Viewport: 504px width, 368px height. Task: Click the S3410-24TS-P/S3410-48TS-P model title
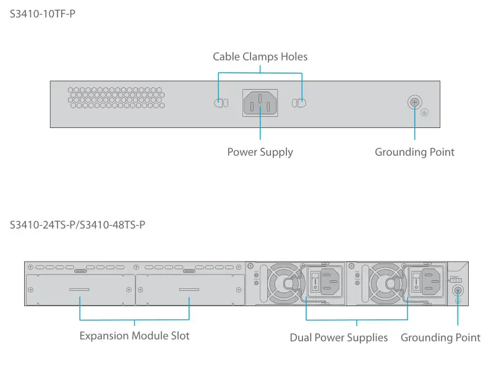pyautogui.click(x=77, y=225)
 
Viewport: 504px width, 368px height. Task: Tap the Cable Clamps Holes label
pyautogui.click(x=260, y=57)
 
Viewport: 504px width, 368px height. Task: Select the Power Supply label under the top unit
pyautogui.click(x=260, y=152)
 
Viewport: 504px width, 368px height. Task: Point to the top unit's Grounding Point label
pyautogui.click(x=414, y=152)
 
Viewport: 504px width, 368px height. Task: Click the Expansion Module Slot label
pyautogui.click(x=134, y=336)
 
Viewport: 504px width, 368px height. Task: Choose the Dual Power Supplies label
pyautogui.click(x=338, y=338)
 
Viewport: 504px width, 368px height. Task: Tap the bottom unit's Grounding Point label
pyautogui.click(x=440, y=338)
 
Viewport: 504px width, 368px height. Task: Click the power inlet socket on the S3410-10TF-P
pyautogui.click(x=260, y=103)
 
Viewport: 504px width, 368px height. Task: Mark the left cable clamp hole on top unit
pyautogui.click(x=221, y=103)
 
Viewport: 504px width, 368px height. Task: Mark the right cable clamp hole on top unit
pyautogui.click(x=300, y=103)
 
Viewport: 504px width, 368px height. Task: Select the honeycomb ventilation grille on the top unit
pyautogui.click(x=116, y=98)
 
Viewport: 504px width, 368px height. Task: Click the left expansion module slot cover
pyautogui.click(x=80, y=289)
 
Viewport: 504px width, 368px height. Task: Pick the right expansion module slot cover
pyautogui.click(x=189, y=289)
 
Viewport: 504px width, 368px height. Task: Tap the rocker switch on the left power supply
pyautogui.click(x=315, y=283)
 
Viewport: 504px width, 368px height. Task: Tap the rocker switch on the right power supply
pyautogui.click(x=417, y=283)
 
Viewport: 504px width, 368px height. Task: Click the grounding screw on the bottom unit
pyautogui.click(x=458, y=291)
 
